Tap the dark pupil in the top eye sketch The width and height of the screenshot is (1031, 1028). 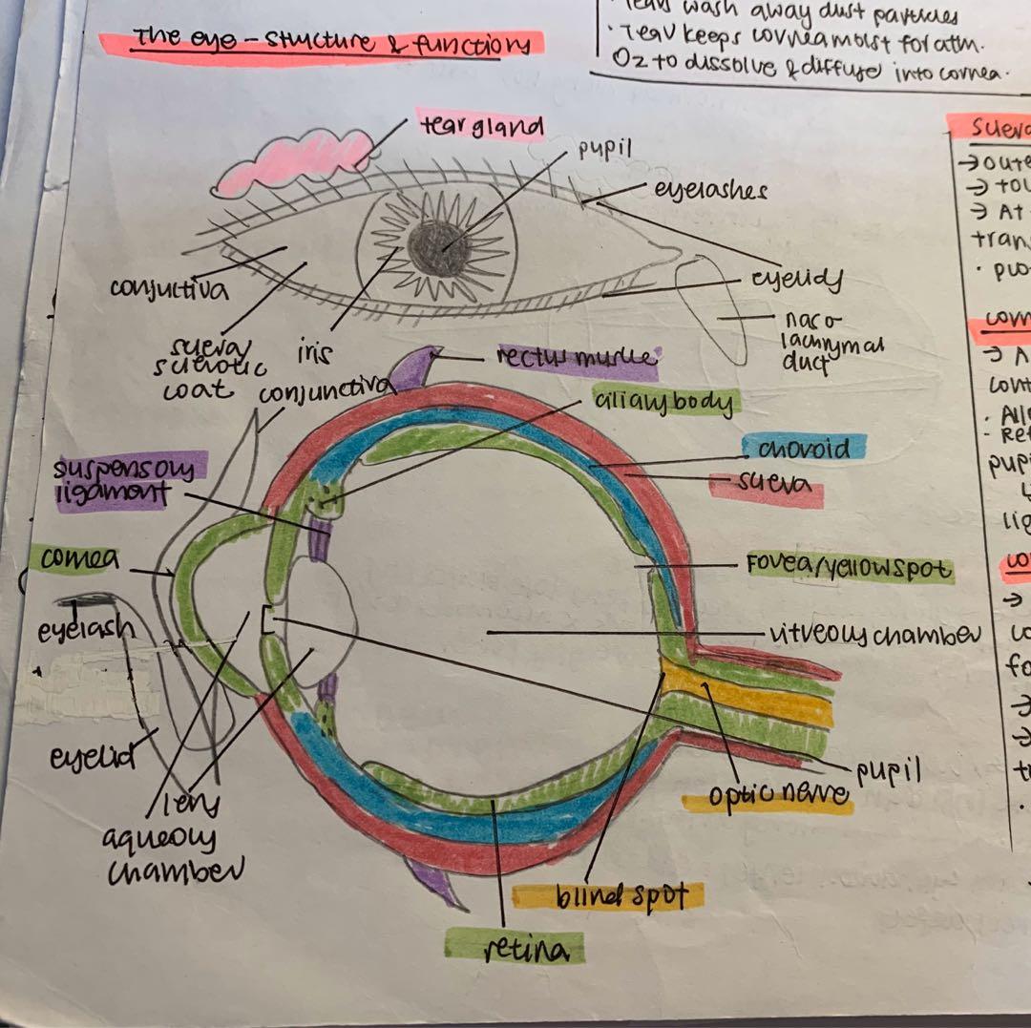(440, 247)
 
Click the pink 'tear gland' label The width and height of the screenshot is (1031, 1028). (481, 126)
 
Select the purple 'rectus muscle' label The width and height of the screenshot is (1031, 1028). (577, 361)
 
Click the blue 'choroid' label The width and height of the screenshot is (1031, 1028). (804, 449)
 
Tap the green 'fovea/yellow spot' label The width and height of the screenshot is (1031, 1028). (849, 569)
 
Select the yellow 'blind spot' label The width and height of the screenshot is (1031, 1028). (607, 896)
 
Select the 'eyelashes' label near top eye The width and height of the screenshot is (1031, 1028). (710, 190)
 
